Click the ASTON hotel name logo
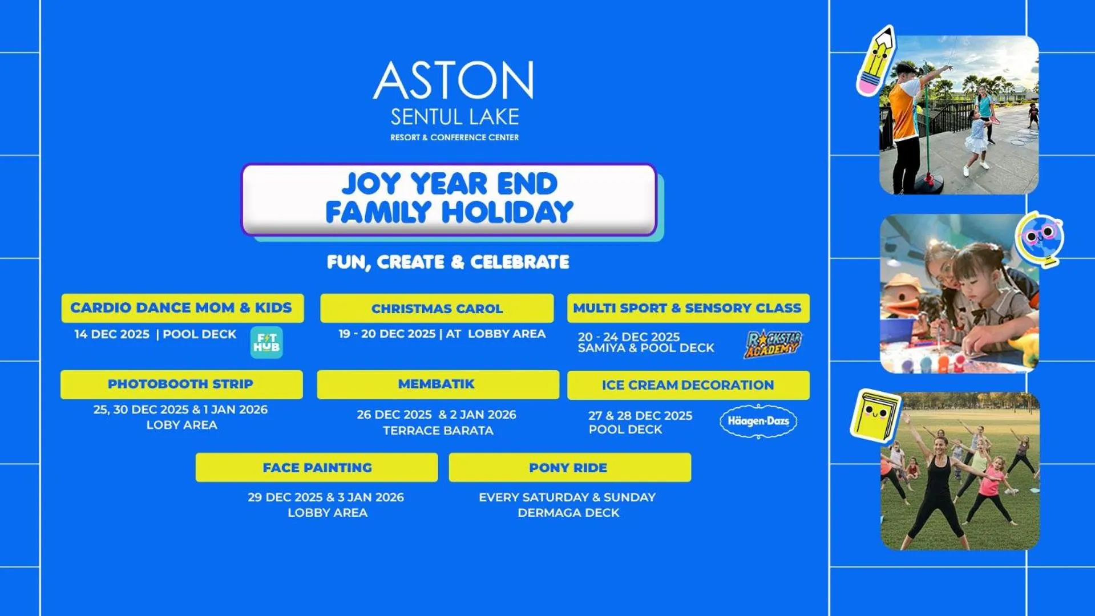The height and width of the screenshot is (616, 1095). [x=454, y=80]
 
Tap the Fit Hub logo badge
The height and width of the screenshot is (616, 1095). [x=266, y=342]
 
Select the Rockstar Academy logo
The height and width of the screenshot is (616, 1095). [x=773, y=343]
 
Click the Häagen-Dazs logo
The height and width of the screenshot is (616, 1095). [x=758, y=422]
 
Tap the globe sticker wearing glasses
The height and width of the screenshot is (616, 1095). [x=1040, y=239]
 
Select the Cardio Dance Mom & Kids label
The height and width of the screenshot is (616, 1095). [x=181, y=308]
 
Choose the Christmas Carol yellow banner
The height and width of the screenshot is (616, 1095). [x=437, y=309]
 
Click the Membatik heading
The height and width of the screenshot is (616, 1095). [x=437, y=384]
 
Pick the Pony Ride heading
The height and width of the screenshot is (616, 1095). [x=568, y=468]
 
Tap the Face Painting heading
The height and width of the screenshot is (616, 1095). [x=317, y=468]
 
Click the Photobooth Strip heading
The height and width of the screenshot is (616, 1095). [x=180, y=384]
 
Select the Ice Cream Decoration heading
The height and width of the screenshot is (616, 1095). [x=688, y=386]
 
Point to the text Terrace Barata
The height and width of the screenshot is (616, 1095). [x=438, y=431]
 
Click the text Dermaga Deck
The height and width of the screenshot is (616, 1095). [x=568, y=513]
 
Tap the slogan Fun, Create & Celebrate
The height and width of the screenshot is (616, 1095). [x=448, y=262]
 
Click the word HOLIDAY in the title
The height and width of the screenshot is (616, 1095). [x=507, y=212]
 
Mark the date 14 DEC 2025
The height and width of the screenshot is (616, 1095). [x=112, y=334]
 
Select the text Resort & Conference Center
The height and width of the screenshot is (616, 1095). [x=454, y=137]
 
